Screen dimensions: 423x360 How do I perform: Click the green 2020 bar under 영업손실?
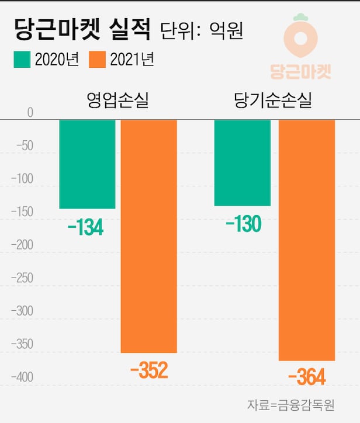click(87, 164)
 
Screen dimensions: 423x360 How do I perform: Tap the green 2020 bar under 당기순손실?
click(243, 163)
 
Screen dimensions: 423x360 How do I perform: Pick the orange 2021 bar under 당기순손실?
click(307, 240)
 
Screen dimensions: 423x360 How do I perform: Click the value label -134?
click(85, 228)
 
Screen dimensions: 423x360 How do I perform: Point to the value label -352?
click(149, 370)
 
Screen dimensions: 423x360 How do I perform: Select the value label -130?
click(242, 224)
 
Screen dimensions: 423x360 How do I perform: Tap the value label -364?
click(306, 377)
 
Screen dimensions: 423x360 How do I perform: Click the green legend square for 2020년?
click(22, 60)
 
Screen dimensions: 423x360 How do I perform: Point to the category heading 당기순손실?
click(273, 100)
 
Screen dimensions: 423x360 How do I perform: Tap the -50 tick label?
click(24, 145)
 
